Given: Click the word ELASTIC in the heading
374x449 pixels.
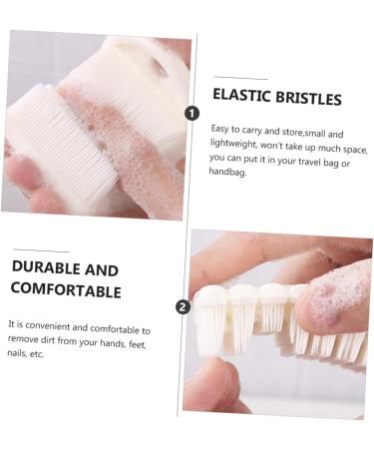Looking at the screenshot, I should [x=241, y=98].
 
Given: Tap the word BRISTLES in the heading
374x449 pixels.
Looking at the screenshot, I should [x=307, y=99].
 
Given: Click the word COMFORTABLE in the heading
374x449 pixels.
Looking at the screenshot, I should [x=66, y=290].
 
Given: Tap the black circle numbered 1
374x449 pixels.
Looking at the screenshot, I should [x=192, y=113].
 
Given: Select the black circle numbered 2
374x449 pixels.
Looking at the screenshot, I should [x=182, y=306].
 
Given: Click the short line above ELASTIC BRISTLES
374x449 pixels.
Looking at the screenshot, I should [x=239, y=78].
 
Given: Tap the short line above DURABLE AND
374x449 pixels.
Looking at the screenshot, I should [x=41, y=249].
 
